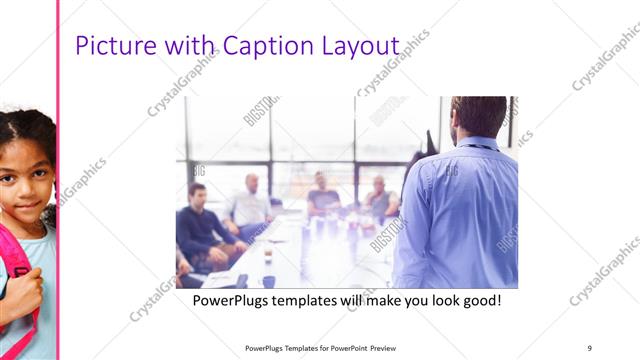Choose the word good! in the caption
479,300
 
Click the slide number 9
590,348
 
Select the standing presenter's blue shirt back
460,210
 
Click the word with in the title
190,47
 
